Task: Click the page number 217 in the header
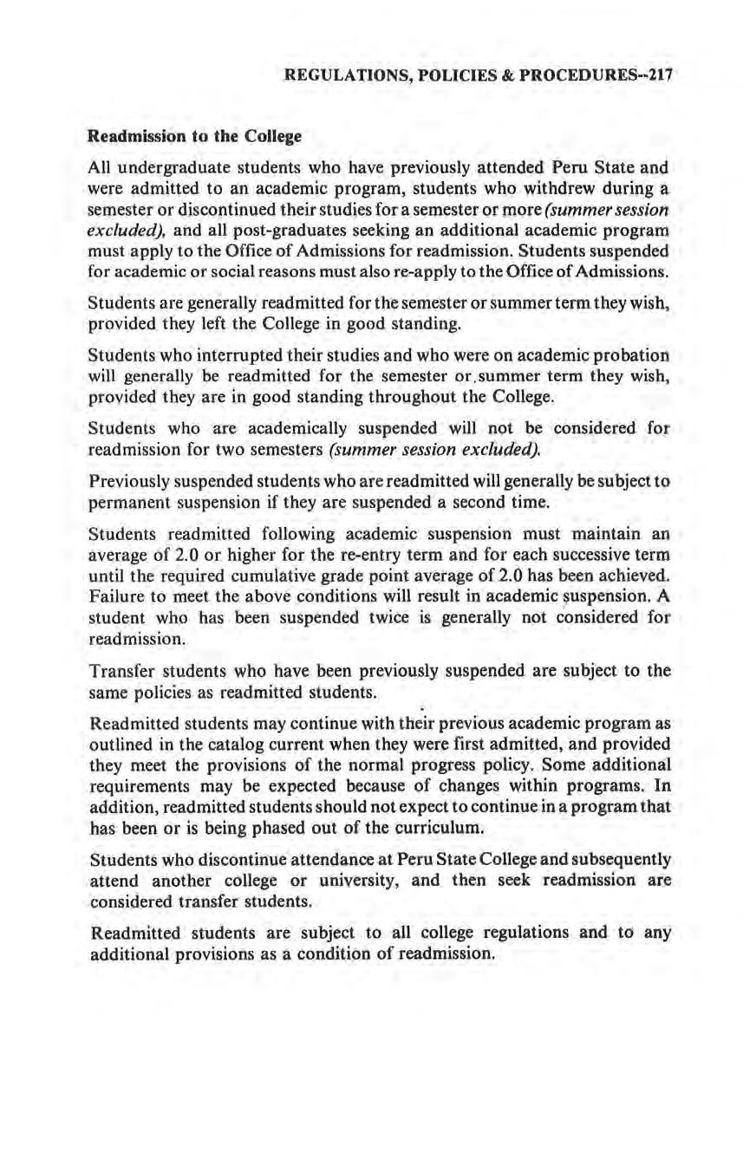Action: point(659,75)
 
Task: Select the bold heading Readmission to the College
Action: point(192,137)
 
